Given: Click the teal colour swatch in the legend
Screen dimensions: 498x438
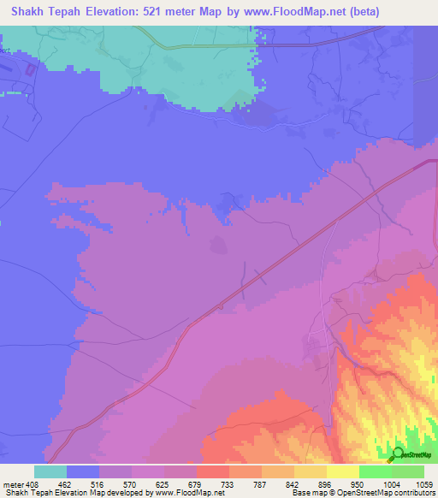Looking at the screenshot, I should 50,472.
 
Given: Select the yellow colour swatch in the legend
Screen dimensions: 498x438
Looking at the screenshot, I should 342,472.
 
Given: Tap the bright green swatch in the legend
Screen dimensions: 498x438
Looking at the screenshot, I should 375,472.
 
